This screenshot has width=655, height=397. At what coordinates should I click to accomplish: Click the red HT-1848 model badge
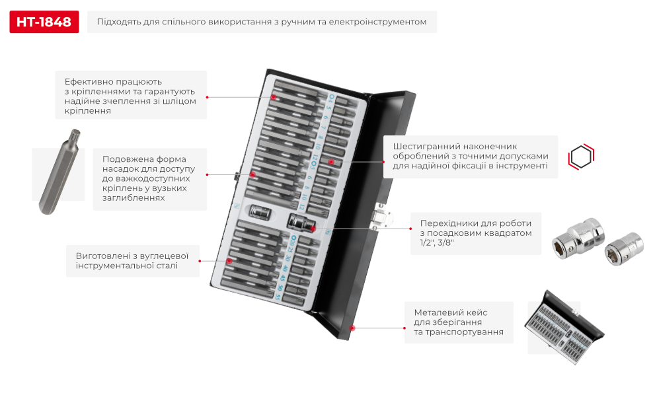pos(44,22)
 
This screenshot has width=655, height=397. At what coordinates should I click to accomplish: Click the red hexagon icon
pos(582,157)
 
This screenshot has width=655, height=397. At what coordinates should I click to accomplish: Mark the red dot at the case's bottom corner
pos(353,327)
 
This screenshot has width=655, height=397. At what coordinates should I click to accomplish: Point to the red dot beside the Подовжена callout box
pos(207,174)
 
